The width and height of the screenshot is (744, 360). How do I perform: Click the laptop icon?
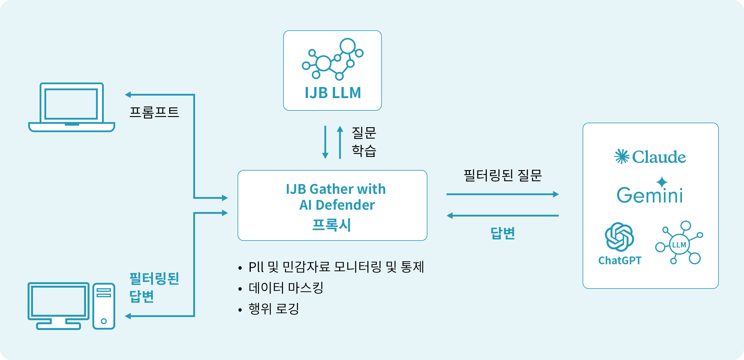[x=72, y=107]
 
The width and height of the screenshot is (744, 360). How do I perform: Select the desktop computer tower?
[x=104, y=306]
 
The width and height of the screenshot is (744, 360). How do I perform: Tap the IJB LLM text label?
[x=333, y=93]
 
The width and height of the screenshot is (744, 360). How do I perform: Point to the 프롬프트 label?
[x=154, y=112]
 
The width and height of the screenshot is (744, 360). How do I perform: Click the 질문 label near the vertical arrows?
[x=364, y=133]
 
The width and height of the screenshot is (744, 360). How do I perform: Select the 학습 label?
[x=364, y=151]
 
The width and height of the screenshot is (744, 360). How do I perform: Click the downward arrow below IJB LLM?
[x=325, y=142]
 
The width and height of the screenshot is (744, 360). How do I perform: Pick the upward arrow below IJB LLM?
[x=340, y=142]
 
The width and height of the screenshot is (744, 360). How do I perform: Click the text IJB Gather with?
[x=336, y=189]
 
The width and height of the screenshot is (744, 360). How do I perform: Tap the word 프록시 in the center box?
[x=332, y=225]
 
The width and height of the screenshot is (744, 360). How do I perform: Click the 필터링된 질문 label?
[x=503, y=175]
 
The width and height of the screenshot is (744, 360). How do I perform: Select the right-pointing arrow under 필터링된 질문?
[x=502, y=194]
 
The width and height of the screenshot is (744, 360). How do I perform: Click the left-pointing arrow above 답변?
[x=502, y=215]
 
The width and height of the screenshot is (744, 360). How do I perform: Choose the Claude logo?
[x=650, y=157]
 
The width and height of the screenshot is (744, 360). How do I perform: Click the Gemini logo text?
[x=650, y=195]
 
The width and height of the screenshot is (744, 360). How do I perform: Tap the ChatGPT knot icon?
[x=619, y=237]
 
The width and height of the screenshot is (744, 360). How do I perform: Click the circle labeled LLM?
[x=679, y=245]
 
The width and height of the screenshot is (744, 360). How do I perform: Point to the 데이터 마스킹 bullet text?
[x=286, y=288]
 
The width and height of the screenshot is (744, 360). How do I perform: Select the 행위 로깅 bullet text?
[x=274, y=309]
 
